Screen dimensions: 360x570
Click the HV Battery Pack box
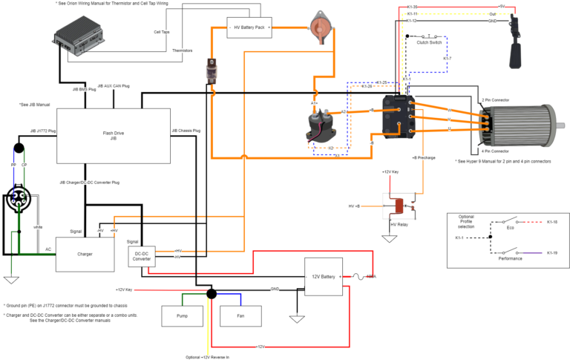[x=249, y=27]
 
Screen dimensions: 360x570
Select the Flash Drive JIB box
[x=113, y=135]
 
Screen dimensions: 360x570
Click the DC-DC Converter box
[x=142, y=256]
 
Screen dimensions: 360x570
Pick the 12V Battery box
[x=322, y=277]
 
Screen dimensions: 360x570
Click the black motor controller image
[x=395, y=117]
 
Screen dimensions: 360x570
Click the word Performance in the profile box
[x=509, y=258]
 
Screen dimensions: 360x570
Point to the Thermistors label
[x=183, y=50]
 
